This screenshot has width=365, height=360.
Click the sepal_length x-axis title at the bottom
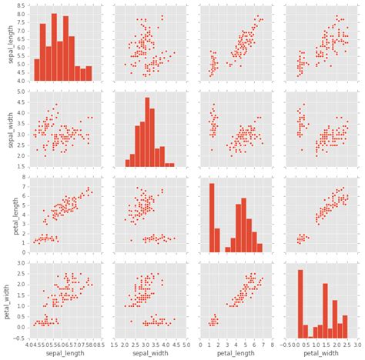[x=65, y=354]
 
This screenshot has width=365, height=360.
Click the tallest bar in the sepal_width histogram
[x=147, y=132]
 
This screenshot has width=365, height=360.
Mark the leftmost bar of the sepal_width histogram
[x=128, y=163]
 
